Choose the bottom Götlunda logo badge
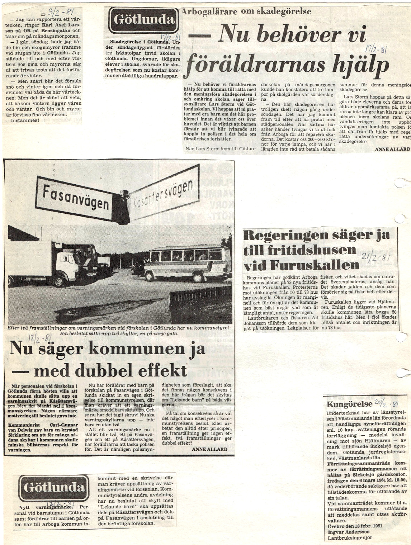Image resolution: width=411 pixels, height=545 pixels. pos(54,488)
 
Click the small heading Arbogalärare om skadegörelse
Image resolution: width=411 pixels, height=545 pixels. pos(246,11)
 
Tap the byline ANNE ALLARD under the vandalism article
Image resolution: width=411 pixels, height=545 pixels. pos(392,149)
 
